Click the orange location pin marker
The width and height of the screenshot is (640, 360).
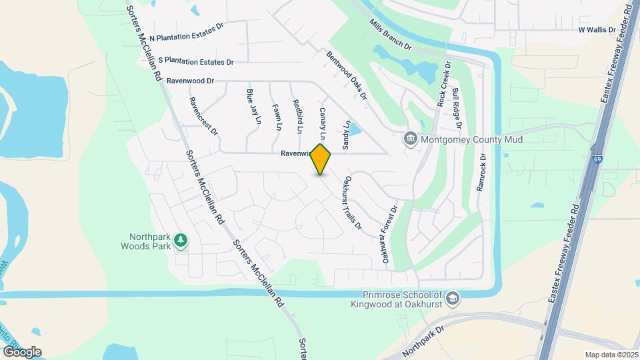click(x=321, y=159)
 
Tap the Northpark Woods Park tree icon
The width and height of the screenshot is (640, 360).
click(x=181, y=241)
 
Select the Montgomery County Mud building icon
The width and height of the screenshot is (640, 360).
click(x=411, y=139)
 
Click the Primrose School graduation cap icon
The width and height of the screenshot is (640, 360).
click(x=453, y=298)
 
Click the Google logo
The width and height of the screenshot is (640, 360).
click(x=21, y=351)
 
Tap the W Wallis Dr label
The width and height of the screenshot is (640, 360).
click(x=596, y=30)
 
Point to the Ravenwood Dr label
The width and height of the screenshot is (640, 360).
click(x=191, y=81)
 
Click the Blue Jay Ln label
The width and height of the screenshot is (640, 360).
click(x=253, y=107)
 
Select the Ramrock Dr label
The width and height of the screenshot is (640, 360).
click(x=483, y=173)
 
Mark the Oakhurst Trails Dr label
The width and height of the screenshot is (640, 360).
click(x=352, y=203)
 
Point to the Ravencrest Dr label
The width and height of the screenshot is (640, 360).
click(x=204, y=117)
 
